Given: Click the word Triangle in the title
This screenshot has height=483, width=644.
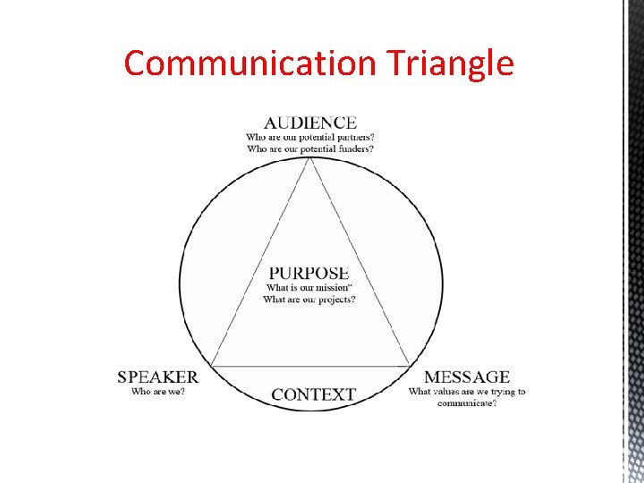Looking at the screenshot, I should pos(451,64).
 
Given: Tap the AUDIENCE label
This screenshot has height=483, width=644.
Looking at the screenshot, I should pos(310,123).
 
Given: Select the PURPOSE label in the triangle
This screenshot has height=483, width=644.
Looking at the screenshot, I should pos(309,273).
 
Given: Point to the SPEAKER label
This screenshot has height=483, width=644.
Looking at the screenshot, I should pos(158,377).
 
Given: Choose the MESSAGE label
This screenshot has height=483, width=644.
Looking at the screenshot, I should pos(467,377).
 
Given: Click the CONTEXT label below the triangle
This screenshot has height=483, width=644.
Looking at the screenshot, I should pos(313,394).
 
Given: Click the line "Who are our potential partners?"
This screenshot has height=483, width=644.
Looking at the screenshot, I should pos(310,137).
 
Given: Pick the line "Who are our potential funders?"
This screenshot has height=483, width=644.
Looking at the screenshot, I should pos(310,148).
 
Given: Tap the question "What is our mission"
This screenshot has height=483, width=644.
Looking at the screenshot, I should pos(309,287).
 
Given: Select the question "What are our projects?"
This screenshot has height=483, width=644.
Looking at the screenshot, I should pos(309,299).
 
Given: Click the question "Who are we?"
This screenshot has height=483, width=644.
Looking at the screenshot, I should pos(158,391).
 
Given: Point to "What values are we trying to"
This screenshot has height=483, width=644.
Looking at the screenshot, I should pos(467,391).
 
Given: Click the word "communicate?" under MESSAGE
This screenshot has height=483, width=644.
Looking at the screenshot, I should pos(467,402).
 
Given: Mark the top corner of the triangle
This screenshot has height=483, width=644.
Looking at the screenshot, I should pos(310,157).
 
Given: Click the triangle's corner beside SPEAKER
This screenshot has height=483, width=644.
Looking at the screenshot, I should pos(210,365).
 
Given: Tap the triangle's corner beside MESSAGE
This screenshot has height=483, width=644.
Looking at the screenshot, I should pos(411,365).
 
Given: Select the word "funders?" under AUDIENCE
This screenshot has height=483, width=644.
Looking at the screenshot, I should pos(352,148).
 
